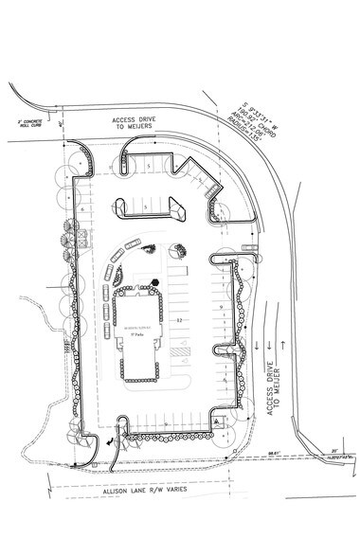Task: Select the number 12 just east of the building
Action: pyautogui.click(x=178, y=322)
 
